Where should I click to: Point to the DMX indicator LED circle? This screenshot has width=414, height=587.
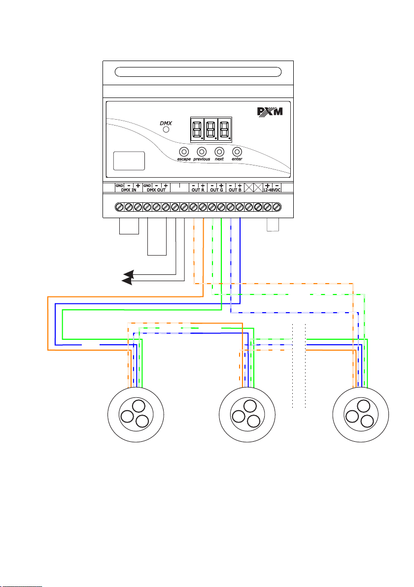(x=167, y=130)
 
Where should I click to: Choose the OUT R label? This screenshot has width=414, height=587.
(x=198, y=190)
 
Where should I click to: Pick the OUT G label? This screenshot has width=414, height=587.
(x=217, y=190)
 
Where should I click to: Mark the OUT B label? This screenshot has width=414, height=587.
(x=235, y=190)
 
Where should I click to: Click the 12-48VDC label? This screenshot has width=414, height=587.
(x=272, y=190)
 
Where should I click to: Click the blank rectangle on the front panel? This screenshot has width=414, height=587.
(x=129, y=161)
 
